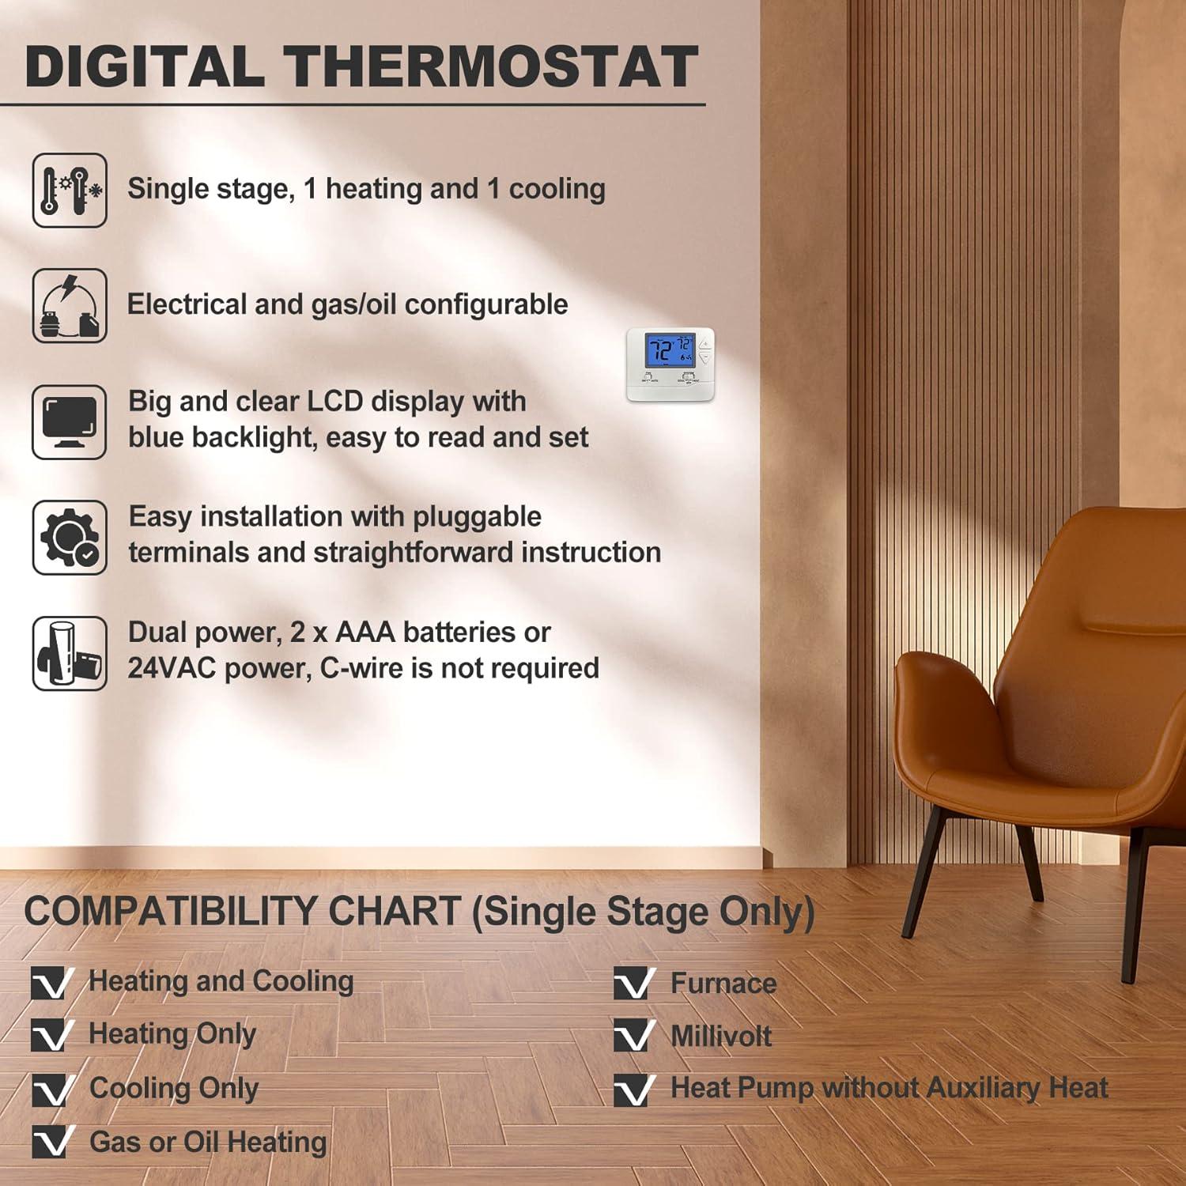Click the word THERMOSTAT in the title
(491, 66)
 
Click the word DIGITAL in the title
(145, 66)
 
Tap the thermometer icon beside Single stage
(70, 191)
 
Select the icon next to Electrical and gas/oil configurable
(70, 306)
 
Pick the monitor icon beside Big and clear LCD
(70, 421)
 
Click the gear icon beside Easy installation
(70, 538)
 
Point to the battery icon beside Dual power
(70, 653)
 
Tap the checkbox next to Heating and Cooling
(51, 983)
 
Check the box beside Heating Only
(51, 1035)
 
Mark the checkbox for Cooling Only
(51, 1090)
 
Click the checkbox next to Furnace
(633, 984)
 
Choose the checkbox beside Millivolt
(633, 1036)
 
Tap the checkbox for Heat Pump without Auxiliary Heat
(633, 1090)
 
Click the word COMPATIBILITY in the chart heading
(242, 912)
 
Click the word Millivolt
(721, 1037)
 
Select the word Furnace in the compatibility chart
(723, 984)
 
